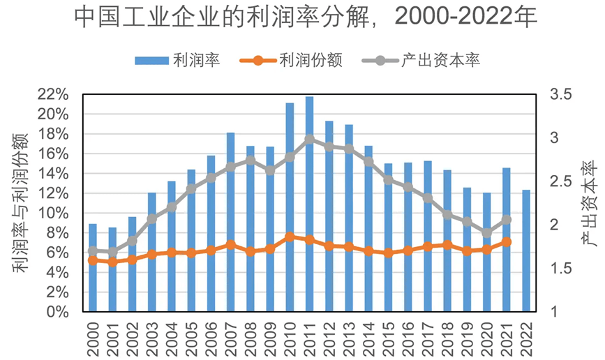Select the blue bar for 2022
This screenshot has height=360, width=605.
point(526,250)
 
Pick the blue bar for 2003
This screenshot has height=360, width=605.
point(151,252)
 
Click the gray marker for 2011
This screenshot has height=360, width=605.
point(309,140)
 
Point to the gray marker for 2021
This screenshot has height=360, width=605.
point(507,220)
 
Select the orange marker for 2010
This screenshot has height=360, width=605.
point(290,237)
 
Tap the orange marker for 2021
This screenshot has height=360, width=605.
point(507,242)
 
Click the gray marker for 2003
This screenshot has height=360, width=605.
point(151,220)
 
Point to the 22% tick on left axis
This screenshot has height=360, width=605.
point(52,94)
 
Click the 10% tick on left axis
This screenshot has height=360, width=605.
point(52,213)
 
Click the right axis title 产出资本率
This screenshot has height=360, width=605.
point(590,203)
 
